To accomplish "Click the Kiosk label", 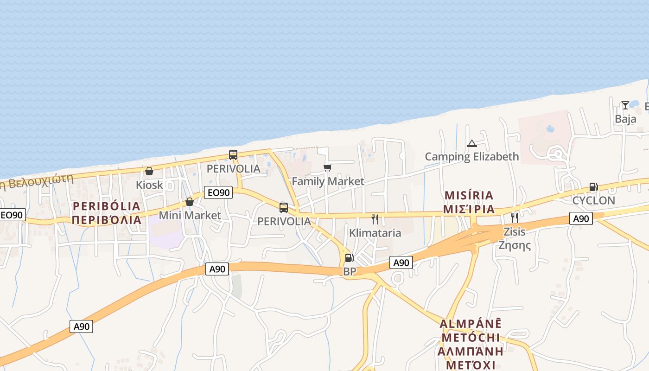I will coord(149,185).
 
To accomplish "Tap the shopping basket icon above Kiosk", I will coord(149,171).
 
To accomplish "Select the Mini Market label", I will coord(190,215).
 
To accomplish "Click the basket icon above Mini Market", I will coord(190,202).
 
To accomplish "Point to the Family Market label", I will coord(328,181).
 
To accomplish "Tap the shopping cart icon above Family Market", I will coord(328,167).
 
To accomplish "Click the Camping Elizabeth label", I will coord(472,157).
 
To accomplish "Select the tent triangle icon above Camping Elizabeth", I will coord(472,143).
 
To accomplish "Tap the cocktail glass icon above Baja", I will coord(625,105).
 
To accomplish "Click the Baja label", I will coord(625,119).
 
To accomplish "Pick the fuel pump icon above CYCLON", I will coord(593,187).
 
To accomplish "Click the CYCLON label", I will coord(593,200).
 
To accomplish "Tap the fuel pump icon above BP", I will coord(349,258).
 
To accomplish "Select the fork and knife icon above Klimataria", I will coord(375,219).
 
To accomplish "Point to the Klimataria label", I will coord(375,232).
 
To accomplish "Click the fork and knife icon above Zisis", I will coord(515,217).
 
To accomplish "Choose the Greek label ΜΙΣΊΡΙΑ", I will coord(469,209).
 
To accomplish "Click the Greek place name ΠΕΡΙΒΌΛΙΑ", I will coord(107,220).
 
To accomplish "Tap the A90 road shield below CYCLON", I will coord(581,218).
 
